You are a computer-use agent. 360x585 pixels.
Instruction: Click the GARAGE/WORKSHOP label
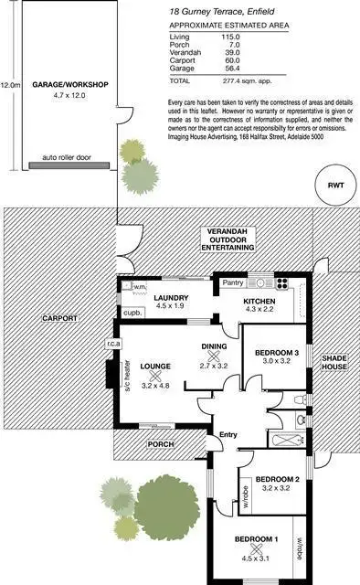tap(70, 84)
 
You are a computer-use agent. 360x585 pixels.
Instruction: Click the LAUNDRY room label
tap(171, 298)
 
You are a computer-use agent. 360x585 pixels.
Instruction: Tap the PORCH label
tap(161, 445)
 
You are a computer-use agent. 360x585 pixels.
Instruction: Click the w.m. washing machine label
tap(139, 288)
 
